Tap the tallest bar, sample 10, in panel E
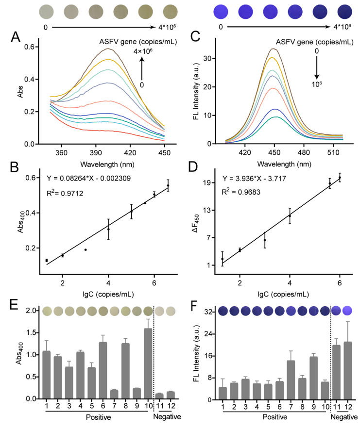(x=148, y=363)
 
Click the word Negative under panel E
(x=167, y=417)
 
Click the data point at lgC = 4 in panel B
(x=108, y=229)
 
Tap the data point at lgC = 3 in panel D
(x=265, y=240)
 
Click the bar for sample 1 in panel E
(x=47, y=374)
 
